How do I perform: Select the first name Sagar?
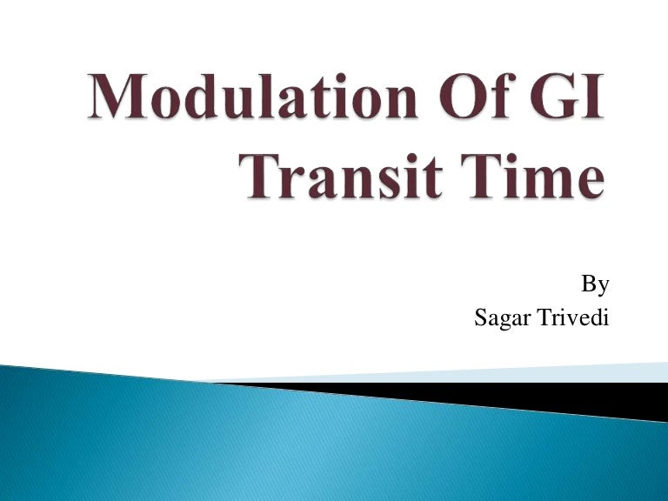coord(503,319)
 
